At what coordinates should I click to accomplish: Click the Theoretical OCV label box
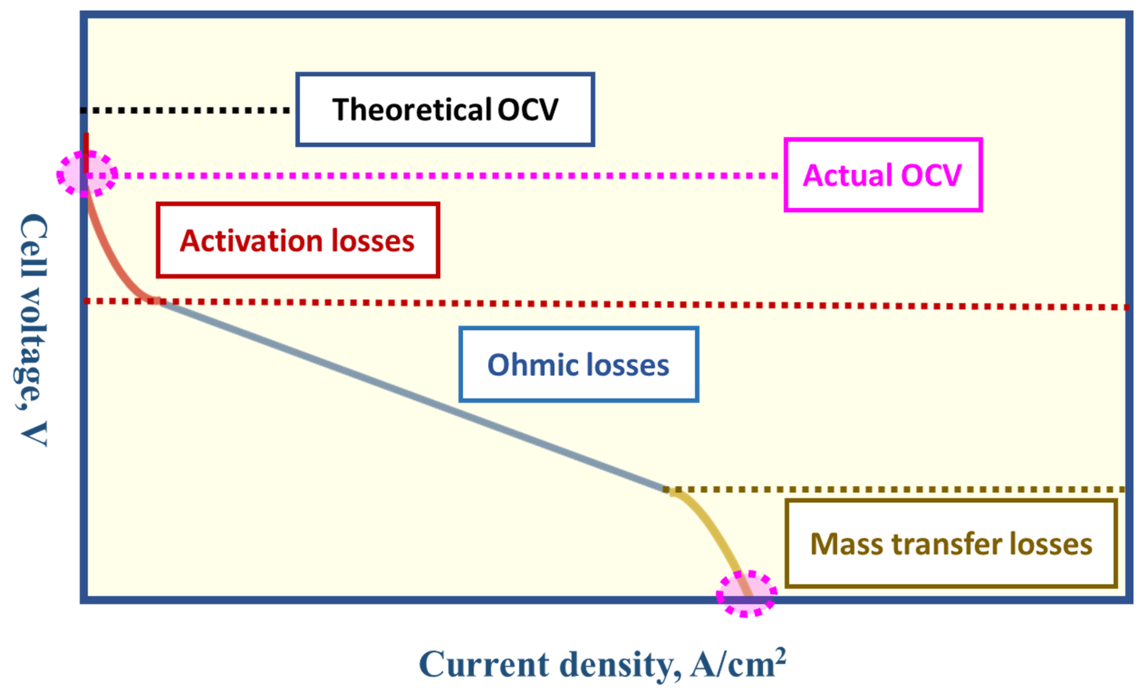click(x=445, y=110)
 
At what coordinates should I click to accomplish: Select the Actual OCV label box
click(x=883, y=175)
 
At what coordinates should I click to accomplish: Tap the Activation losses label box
click(x=297, y=240)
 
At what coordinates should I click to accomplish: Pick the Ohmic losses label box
click(x=578, y=364)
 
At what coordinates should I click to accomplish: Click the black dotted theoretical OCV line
click(x=186, y=110)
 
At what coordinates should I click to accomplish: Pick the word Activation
click(x=251, y=241)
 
